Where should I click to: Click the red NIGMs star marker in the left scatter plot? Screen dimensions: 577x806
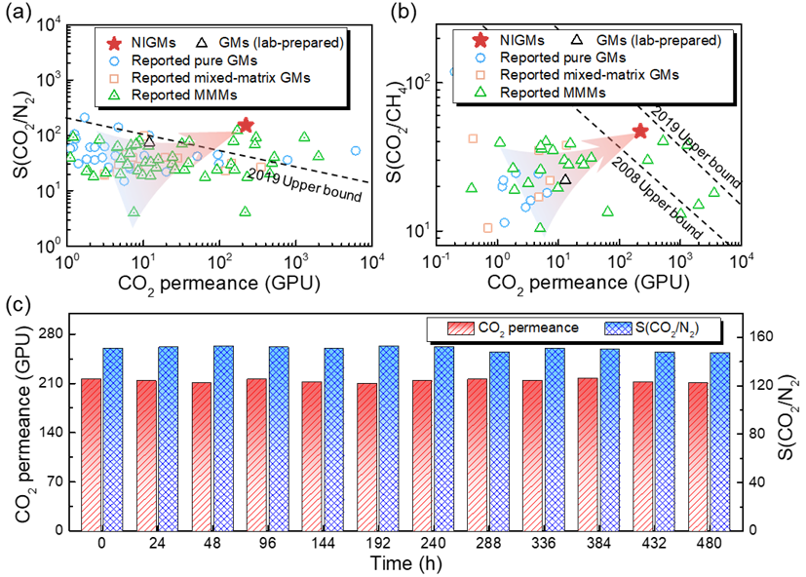click(x=246, y=125)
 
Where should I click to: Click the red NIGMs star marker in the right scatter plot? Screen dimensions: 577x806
click(x=639, y=131)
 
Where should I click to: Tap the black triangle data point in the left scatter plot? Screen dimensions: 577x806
click(x=148, y=142)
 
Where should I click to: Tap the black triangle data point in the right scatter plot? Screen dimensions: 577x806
click(x=564, y=179)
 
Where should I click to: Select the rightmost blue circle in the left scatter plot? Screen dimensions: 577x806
click(x=356, y=150)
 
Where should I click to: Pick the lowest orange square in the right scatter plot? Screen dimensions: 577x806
click(x=487, y=228)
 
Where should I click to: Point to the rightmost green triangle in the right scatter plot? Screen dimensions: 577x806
click(x=713, y=192)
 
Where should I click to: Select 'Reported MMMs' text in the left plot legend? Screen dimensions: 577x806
click(x=184, y=95)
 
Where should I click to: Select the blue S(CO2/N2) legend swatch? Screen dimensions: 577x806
click(x=617, y=328)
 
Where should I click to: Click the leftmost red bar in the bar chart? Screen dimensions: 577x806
click(x=91, y=454)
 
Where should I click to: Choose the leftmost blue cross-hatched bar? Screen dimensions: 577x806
click(x=113, y=440)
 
